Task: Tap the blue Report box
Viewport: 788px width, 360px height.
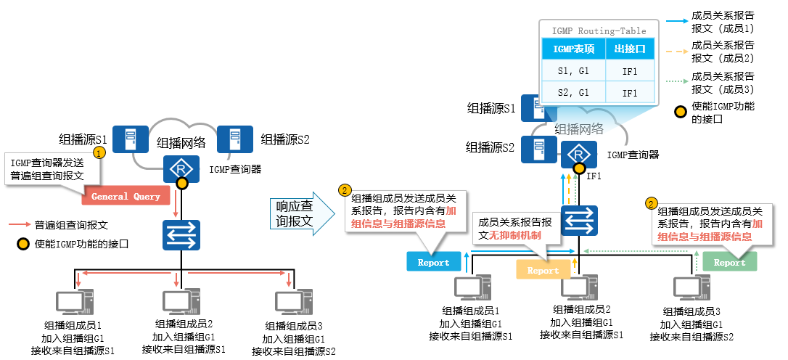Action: coord(433,262)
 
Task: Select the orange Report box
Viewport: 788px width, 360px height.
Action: coord(543,270)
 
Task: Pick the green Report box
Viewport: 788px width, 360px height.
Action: coord(729,262)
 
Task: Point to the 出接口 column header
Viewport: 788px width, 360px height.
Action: coord(630,49)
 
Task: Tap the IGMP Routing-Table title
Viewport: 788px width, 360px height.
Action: coord(599,30)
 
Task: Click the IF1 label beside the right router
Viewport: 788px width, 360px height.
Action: coord(594,176)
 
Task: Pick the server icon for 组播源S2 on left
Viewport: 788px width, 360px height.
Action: coord(234,139)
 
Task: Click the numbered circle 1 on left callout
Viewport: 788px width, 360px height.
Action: coord(100,152)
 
